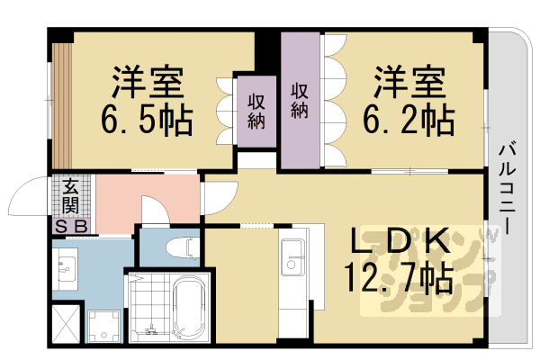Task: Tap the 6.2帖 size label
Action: pos(408,119)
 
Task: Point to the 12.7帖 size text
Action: pos(396,279)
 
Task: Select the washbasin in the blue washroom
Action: pos(67,265)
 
